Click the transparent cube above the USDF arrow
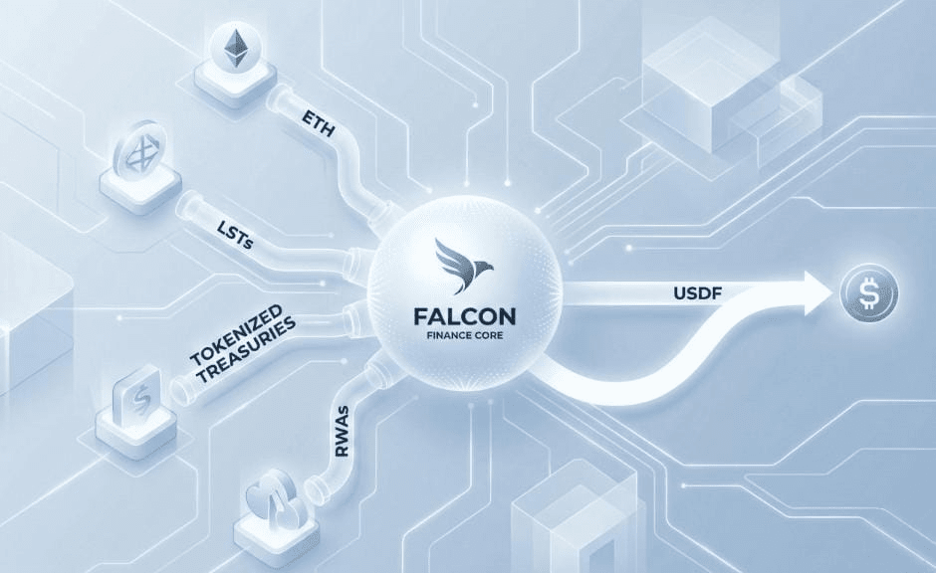coord(697,90)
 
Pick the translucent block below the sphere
coord(558,522)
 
